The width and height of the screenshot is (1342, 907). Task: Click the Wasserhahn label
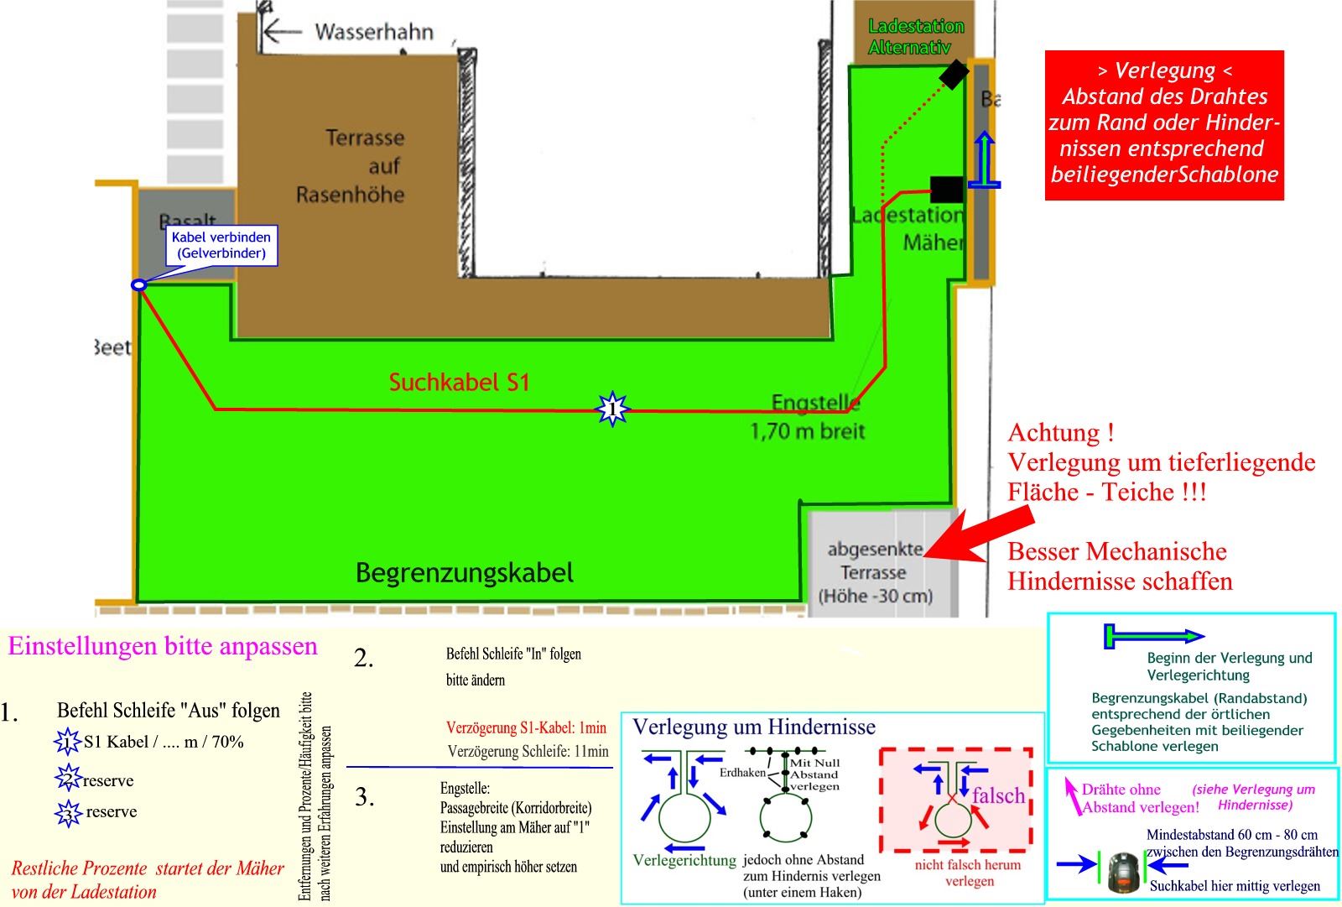[x=374, y=32]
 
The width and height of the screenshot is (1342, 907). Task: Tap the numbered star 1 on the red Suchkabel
[x=612, y=409]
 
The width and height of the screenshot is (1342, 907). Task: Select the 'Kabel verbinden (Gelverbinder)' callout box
[x=221, y=245]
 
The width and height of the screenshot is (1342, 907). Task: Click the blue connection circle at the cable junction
[x=139, y=285]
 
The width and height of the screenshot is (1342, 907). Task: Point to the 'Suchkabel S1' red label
[x=459, y=383]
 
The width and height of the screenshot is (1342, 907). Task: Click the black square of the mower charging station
[x=946, y=189]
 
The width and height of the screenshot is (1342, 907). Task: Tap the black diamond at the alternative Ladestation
[x=954, y=74]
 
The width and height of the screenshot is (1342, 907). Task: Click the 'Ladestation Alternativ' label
[x=915, y=37]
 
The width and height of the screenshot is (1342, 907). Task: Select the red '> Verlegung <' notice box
[x=1164, y=124]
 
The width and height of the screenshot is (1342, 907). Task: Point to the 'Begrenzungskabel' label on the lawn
[x=465, y=573]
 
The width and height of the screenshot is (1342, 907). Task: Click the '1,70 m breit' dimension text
[x=807, y=431]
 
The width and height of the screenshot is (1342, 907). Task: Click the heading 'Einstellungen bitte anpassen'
[x=163, y=646]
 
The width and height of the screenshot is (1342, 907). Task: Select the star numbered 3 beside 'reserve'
[x=68, y=813]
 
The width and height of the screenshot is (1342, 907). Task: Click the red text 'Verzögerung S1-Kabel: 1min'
[x=526, y=727]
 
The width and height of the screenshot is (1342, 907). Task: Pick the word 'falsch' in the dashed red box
[x=998, y=795]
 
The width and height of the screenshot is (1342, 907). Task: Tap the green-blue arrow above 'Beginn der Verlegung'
[x=1153, y=636]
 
